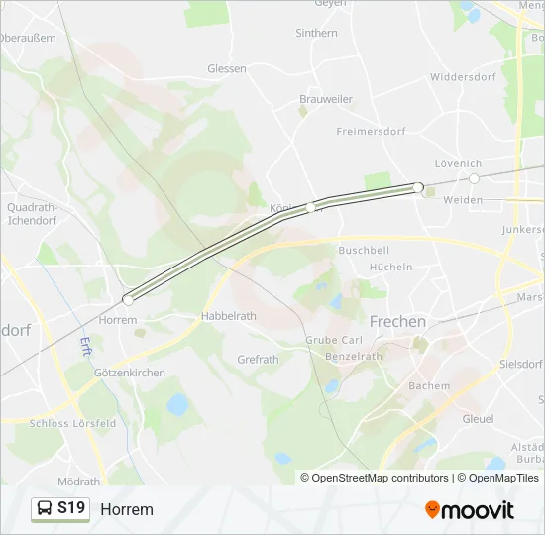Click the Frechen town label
(397, 322)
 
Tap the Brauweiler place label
(326, 99)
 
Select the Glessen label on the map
(227, 68)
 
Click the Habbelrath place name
(229, 316)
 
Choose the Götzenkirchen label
(130, 373)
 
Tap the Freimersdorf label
(372, 131)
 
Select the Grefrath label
(258, 360)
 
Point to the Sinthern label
(316, 33)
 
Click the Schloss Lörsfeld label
(72, 423)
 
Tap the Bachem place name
(429, 386)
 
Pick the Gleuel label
(478, 419)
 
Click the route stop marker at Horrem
(128, 299)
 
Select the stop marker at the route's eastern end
(418, 187)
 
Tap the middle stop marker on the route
(311, 207)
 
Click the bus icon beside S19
(46, 509)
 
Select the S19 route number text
(71, 509)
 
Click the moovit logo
(470, 510)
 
